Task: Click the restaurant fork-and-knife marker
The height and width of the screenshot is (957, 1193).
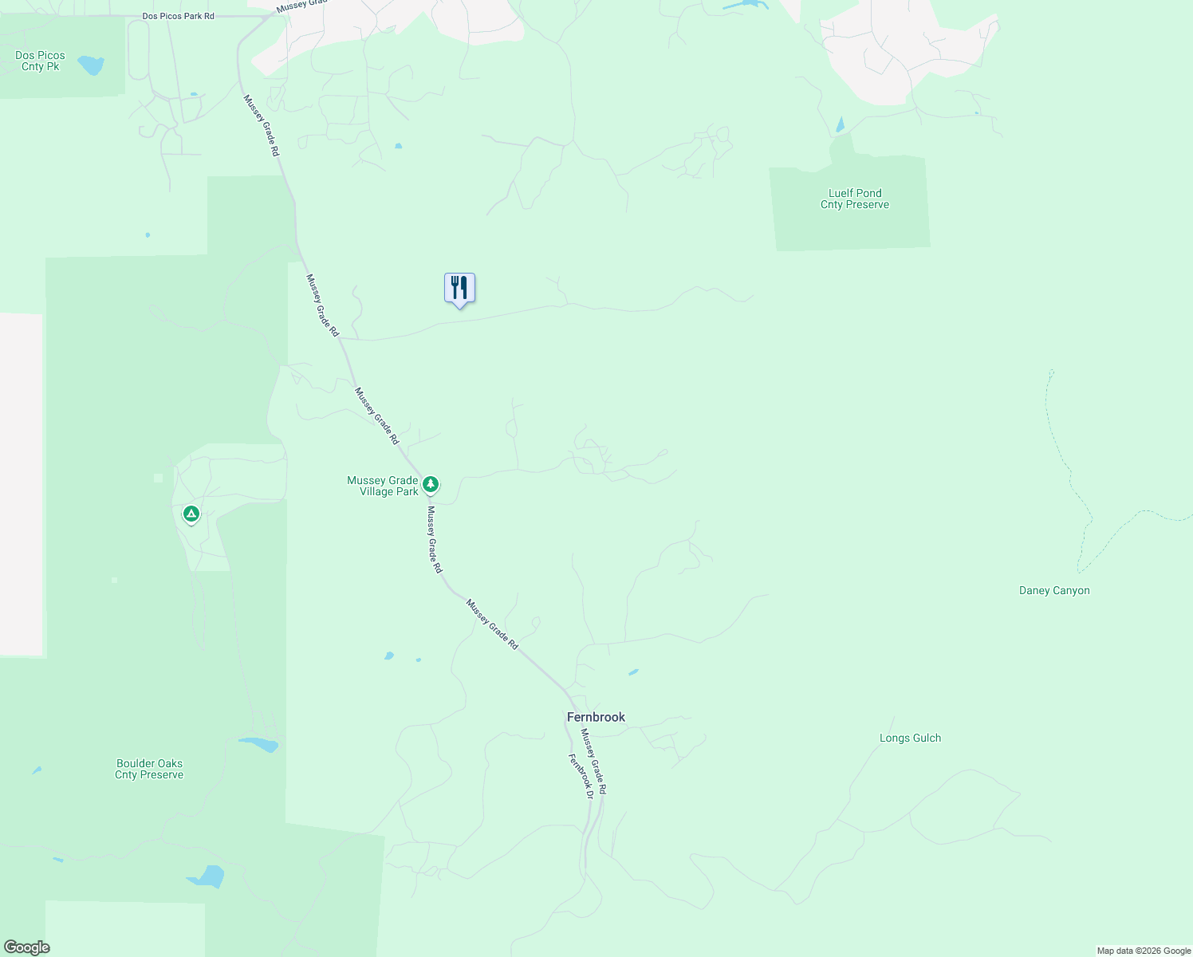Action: [459, 288]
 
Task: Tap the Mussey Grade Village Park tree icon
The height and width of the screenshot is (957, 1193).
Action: [431, 484]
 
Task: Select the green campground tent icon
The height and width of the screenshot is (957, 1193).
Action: [191, 514]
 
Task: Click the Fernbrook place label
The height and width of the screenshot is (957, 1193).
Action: [596, 718]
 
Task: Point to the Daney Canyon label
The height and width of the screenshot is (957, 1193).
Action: [1054, 591]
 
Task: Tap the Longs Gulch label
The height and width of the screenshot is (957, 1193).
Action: [910, 738]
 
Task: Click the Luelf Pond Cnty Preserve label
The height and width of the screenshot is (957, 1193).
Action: [855, 199]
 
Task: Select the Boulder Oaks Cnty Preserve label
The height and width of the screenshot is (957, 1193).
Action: [149, 769]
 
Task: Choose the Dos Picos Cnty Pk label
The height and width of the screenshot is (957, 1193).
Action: [40, 61]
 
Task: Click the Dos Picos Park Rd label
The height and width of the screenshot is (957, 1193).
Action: [178, 16]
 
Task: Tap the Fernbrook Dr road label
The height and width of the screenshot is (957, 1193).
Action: [581, 776]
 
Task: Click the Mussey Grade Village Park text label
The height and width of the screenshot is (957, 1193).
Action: [383, 486]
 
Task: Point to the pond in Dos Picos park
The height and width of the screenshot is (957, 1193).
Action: [92, 65]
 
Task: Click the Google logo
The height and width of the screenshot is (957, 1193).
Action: [26, 947]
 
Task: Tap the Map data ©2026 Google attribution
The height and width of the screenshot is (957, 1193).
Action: [1144, 951]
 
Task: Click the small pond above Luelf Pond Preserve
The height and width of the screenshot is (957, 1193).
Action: [839, 125]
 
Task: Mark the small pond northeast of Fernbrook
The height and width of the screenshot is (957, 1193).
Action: [633, 672]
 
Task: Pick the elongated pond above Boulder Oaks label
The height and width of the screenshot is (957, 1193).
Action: [258, 745]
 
